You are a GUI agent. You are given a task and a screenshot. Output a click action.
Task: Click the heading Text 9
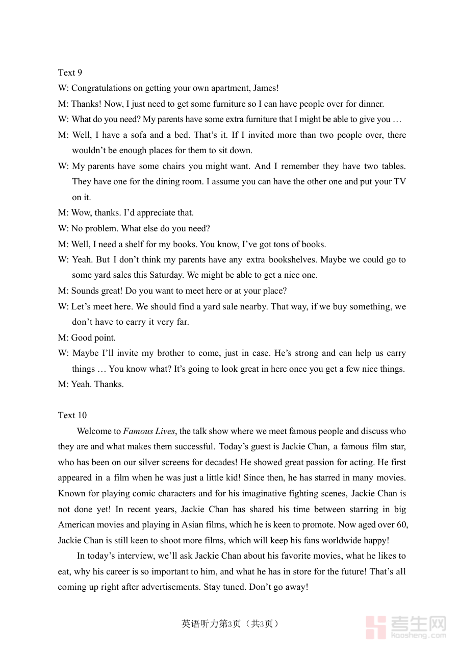70,73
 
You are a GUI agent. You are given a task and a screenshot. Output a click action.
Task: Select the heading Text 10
72,415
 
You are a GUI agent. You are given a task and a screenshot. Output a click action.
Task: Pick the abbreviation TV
399,181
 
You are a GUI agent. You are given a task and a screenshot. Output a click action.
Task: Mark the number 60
400,524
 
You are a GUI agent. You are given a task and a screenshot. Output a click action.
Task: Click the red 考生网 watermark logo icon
376,627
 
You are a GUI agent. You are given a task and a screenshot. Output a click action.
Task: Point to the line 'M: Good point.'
87,338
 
